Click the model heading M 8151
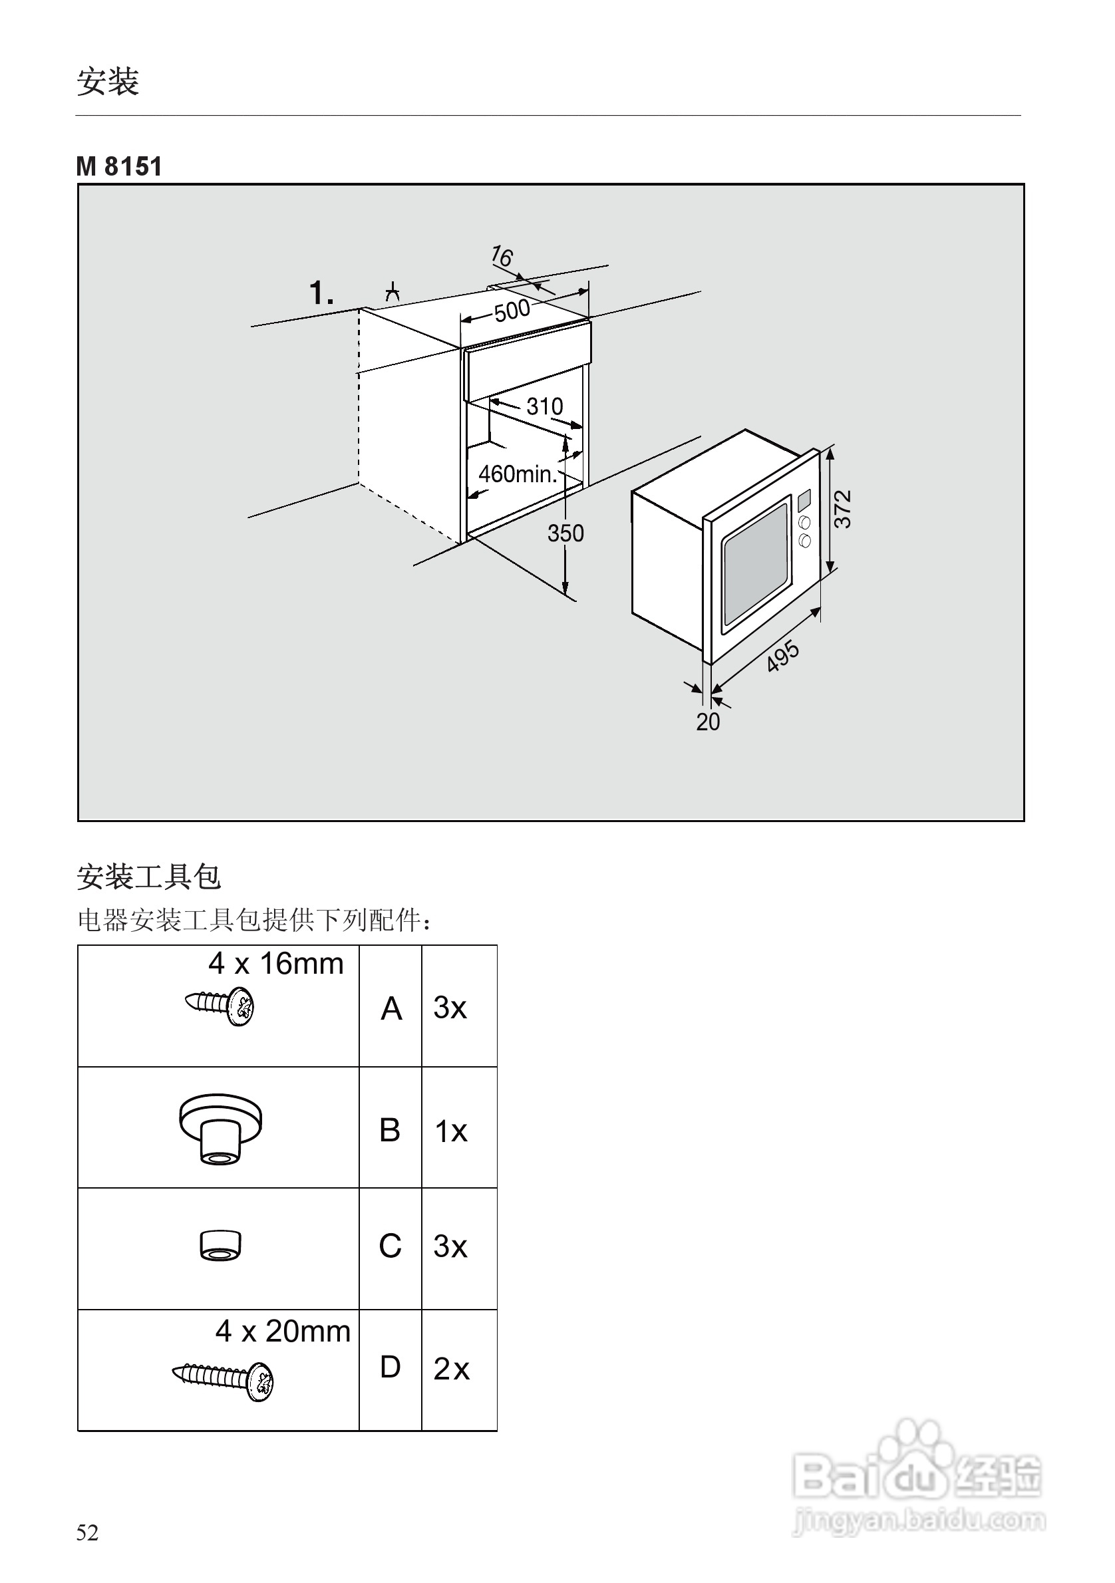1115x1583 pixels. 118,167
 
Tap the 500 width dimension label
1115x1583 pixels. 512,311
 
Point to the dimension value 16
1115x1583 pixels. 502,257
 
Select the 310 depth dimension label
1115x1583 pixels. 544,406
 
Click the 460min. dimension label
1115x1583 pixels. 517,474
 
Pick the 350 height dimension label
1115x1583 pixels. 565,533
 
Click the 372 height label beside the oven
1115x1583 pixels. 843,509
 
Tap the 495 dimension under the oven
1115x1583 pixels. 782,656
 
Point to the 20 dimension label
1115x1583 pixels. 707,722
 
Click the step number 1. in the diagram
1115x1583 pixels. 321,293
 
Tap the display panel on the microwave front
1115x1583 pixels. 804,501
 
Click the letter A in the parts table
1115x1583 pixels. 391,1009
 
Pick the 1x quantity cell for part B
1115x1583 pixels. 451,1131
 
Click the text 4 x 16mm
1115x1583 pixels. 276,964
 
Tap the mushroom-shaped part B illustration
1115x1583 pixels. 220,1129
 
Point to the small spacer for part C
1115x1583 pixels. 220,1246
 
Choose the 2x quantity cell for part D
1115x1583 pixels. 451,1369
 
